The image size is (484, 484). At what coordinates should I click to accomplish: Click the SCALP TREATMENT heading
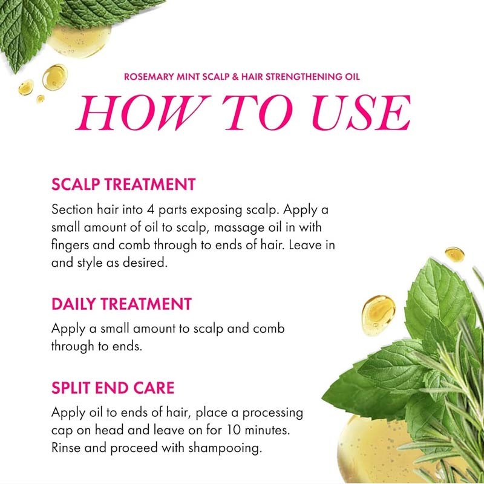123,185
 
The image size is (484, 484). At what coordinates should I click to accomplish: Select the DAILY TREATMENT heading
121,304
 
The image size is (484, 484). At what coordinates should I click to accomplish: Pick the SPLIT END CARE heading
113,387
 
